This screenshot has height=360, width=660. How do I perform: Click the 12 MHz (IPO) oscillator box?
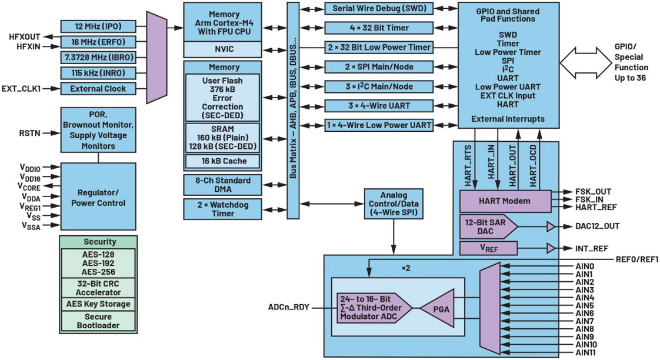point(98,26)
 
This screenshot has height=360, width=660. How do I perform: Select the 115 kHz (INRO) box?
point(98,73)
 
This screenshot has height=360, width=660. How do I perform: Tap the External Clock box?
point(98,89)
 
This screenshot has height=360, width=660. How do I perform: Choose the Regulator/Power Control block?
point(98,198)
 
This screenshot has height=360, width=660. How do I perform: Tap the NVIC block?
point(223,49)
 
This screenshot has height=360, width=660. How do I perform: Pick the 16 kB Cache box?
point(223,161)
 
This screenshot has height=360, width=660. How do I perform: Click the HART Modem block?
point(504,201)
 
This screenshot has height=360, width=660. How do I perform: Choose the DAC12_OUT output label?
point(598,226)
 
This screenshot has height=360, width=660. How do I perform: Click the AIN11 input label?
point(586,352)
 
